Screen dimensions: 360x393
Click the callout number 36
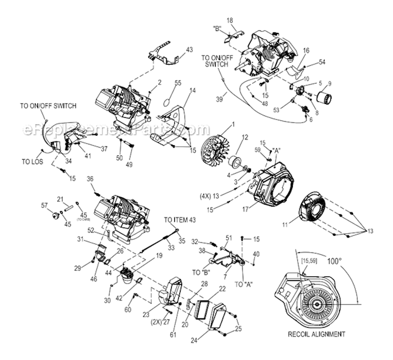pyautogui.click(x=90, y=179)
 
